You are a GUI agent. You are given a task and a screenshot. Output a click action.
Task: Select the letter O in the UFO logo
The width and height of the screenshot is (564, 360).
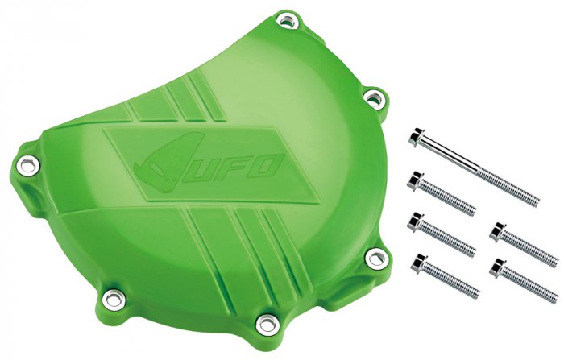[267, 166]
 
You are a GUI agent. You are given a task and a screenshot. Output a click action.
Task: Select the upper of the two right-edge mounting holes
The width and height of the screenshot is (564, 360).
[372, 98]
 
